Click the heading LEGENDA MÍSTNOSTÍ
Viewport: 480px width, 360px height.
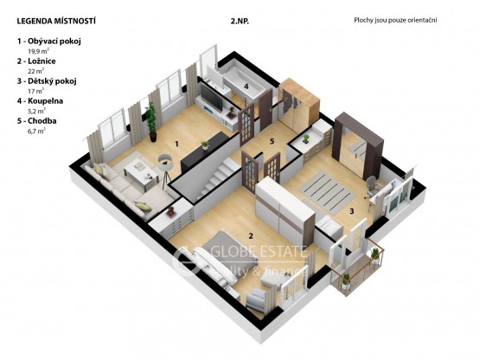[x=56, y=21]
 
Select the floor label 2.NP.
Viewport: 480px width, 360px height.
[x=240, y=21]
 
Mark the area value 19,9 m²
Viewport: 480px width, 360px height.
[x=39, y=51]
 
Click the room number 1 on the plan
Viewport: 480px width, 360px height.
[x=176, y=144]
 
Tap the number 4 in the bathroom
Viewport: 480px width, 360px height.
[x=246, y=87]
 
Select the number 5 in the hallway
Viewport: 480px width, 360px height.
[x=272, y=141]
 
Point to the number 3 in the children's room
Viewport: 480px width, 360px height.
[x=352, y=211]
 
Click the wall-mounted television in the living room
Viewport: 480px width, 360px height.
[x=211, y=98]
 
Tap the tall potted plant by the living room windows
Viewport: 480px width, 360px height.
[x=150, y=122]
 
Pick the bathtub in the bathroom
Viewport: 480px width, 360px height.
[x=243, y=80]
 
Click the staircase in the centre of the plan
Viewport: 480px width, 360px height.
[x=215, y=177]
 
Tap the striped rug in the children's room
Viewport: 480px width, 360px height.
[x=327, y=192]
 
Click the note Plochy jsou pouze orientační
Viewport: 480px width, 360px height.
[x=395, y=20]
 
